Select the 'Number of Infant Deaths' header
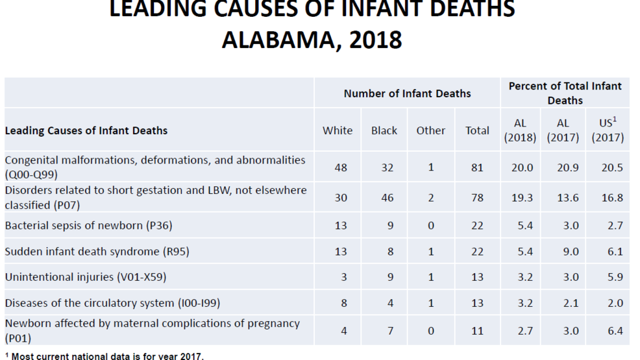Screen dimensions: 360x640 pos(407,93)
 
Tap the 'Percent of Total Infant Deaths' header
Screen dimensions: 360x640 pos(565,93)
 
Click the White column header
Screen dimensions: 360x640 pos(338,130)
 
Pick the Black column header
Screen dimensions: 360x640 pos(384,130)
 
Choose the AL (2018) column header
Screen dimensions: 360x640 pos(520,130)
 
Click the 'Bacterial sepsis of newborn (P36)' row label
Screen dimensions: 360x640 pos(88,226)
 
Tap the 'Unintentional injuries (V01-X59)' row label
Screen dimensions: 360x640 pos(86,278)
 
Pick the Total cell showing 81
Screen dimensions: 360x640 pos(477,167)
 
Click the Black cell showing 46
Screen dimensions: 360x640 pos(388,198)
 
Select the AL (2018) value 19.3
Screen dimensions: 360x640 pos(523,198)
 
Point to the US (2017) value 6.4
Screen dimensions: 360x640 pos(613,331)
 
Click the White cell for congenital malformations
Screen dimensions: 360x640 pos(341,167)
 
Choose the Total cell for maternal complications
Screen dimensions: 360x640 pos(477,331)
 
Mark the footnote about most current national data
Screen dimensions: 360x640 pos(105,355)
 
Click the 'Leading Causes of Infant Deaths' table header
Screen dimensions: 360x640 pos(86,130)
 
